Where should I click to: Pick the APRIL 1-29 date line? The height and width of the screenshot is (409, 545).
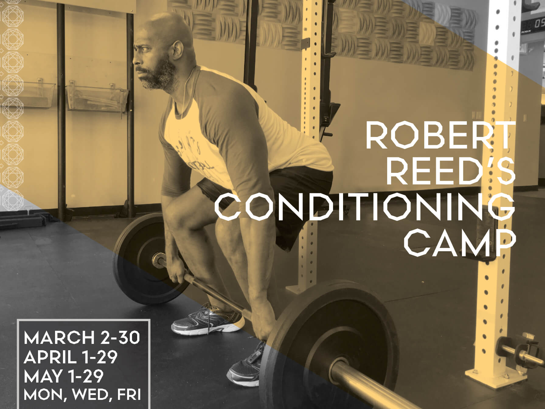tap(71, 357)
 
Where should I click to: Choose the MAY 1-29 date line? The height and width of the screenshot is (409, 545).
tap(64, 376)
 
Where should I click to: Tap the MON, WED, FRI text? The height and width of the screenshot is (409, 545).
tap(82, 394)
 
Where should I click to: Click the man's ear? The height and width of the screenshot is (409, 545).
tap(177, 50)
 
